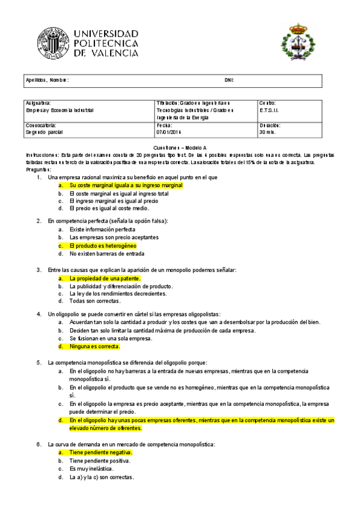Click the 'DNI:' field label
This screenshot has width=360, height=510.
point(229,80)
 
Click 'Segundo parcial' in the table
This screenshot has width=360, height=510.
point(44,132)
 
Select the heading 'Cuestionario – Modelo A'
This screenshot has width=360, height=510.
point(180,147)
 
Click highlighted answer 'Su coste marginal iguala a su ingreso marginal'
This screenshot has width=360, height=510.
point(126,186)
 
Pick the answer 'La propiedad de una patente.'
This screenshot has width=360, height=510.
point(105,278)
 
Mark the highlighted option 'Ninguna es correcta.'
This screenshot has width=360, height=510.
point(95,346)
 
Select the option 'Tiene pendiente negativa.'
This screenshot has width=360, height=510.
point(100,452)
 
